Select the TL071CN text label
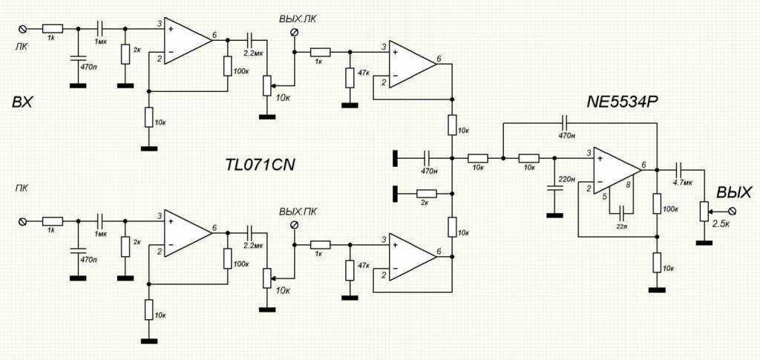coord(259,164)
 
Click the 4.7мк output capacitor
coord(679,169)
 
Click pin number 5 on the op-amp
coord(605,197)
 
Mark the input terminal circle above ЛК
coord(22,28)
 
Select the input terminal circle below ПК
coord(22,221)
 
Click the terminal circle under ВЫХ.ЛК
coord(294,33)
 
